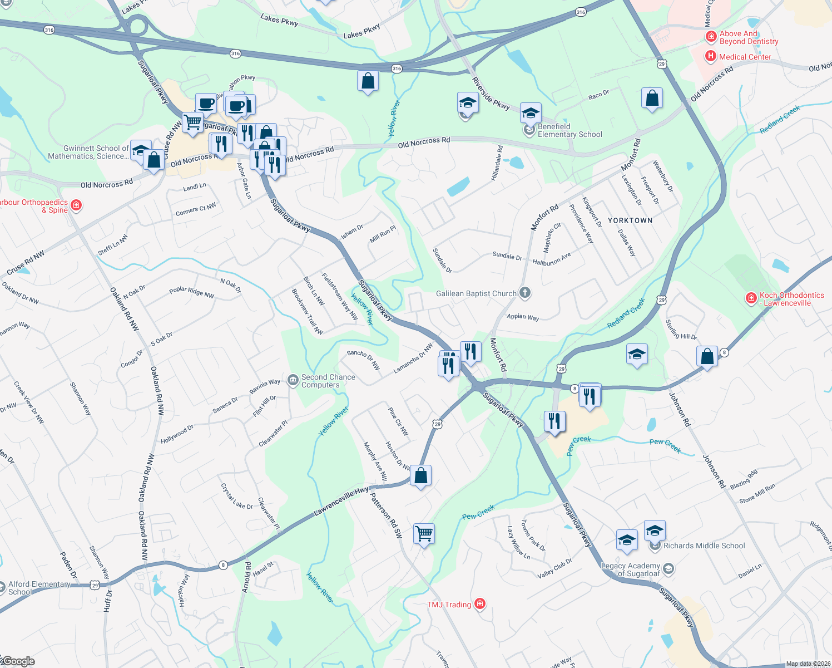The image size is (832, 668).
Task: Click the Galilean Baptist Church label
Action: pos(476,293)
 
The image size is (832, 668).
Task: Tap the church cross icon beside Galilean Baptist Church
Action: pos(525,293)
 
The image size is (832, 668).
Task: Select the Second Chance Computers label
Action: pos(328,381)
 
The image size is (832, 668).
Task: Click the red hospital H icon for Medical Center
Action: pos(710,56)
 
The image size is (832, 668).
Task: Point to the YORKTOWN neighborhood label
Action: pos(630,220)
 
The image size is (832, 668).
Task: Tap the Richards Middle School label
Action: pos(704,546)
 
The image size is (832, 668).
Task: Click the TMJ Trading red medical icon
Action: pos(481,603)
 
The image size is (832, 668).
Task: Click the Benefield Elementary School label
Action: pos(569,130)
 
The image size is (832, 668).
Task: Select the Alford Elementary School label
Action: pos(39,588)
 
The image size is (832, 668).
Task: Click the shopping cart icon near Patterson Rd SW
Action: pos(424,533)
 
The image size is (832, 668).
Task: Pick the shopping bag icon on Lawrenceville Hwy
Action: pos(421,475)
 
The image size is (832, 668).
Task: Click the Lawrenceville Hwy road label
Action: pos(341,500)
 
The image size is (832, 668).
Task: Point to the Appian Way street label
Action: pos(523,317)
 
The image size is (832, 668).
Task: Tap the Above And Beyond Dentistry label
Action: pos(749,37)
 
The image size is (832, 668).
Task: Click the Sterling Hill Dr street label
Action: pos(681,330)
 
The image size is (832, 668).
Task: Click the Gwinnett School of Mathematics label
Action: pos(88,152)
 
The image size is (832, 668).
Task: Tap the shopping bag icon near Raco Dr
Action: pos(652,99)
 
